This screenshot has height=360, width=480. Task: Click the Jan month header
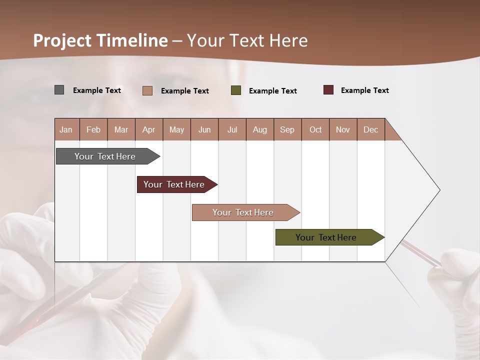[66, 129]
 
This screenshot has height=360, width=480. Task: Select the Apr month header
[148, 129]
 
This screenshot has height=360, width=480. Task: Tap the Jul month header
[232, 129]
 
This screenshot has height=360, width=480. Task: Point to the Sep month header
[287, 129]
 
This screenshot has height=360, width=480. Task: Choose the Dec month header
[370, 129]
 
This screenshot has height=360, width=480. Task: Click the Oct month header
[315, 129]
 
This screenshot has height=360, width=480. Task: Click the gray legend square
[59, 90]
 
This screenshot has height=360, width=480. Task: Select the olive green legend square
[236, 90]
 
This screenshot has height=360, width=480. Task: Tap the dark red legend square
[328, 90]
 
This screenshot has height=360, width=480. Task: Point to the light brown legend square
[147, 90]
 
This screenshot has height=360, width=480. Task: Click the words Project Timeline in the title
[100, 40]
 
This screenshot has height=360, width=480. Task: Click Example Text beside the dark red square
[364, 90]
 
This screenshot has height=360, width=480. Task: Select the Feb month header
[93, 129]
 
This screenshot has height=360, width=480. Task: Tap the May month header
[176, 129]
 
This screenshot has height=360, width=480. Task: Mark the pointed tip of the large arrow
[439, 190]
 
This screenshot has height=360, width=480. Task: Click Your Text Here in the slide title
[247, 40]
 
